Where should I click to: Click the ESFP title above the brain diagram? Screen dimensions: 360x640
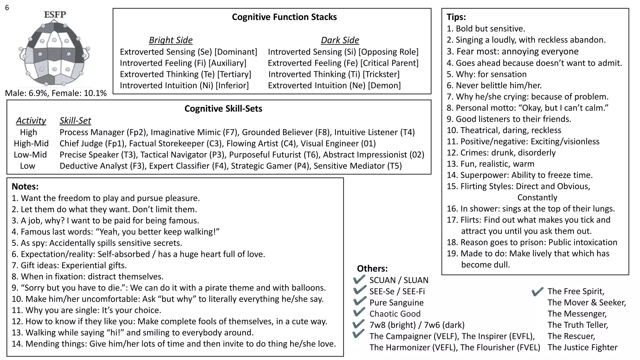pos(55,14)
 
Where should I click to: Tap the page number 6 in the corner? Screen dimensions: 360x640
pos(7,7)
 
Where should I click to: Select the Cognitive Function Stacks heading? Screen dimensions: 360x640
pos(284,17)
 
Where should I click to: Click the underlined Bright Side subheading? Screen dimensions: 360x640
pos(171,40)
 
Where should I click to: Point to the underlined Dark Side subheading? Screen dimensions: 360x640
pos(340,40)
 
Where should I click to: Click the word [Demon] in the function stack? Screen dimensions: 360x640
pos(384,85)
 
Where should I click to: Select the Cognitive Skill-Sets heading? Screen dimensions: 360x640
pos(223,108)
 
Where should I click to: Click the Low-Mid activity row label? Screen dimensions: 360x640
pos(30,155)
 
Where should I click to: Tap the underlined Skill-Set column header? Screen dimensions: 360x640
pos(75,121)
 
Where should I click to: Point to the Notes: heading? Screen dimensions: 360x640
pos(25,187)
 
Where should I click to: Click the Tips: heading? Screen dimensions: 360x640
pos(456,17)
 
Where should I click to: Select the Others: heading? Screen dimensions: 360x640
pos(372,268)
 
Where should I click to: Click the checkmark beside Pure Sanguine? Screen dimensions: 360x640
pos(359,301)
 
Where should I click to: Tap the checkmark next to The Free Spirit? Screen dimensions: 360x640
pos(537,291)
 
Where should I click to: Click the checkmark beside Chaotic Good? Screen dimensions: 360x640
pos(359,312)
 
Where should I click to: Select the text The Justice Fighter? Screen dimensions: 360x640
pos(582,347)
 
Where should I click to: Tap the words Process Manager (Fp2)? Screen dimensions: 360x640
pos(103,132)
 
